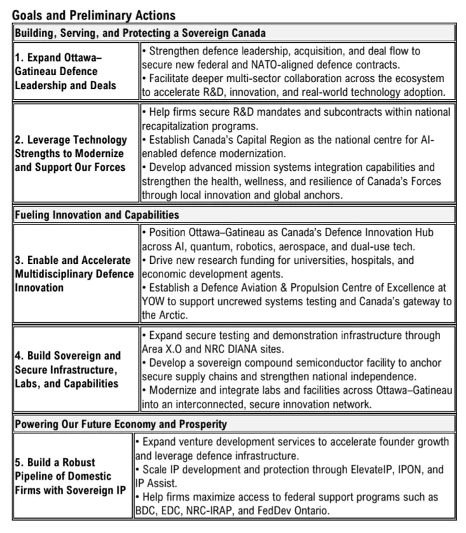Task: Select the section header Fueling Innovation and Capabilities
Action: [97, 214]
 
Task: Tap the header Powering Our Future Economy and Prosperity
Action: [121, 424]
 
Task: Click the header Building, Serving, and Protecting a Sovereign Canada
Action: [140, 32]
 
